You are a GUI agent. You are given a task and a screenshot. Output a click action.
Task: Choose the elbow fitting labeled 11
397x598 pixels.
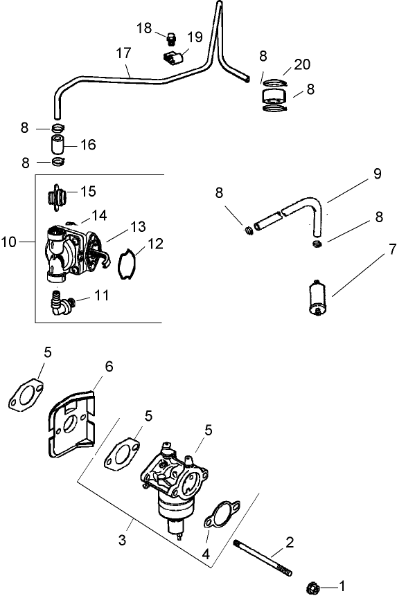click(x=62, y=302)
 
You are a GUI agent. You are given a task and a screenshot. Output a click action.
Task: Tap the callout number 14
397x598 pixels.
click(x=100, y=215)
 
